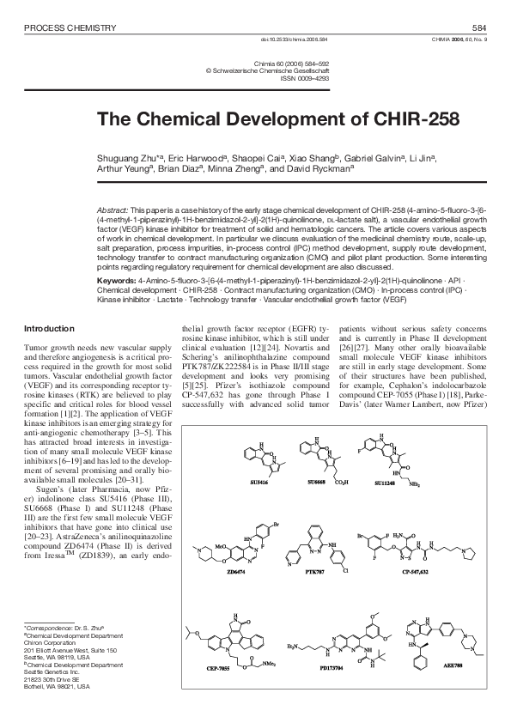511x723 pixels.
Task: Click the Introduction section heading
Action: [x=49, y=305]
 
